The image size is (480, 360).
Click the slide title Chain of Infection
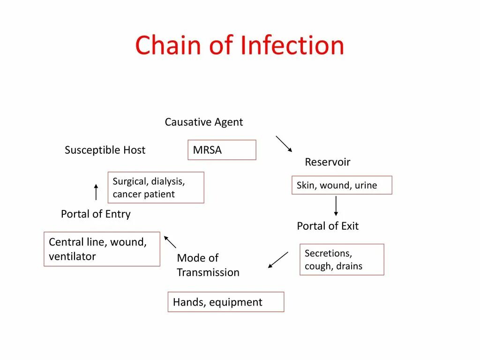coord(240,45)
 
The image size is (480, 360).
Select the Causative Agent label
coord(203,122)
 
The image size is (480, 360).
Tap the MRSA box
coord(222,150)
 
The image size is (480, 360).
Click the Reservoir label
coord(327,162)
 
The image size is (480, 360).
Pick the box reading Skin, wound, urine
coord(342,185)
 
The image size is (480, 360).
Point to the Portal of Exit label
coord(327,226)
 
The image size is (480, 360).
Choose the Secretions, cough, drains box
coord(342,260)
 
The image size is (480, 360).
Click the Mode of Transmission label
coord(208,265)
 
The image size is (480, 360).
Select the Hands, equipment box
coord(226,302)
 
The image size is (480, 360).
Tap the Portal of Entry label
coord(96,214)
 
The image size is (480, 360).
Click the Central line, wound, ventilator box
coord(102,249)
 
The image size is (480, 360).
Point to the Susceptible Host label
coord(105,150)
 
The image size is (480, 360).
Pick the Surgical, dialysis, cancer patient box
coord(156,187)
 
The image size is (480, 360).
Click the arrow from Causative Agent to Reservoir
coord(284,144)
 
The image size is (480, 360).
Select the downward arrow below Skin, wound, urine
coord(336,206)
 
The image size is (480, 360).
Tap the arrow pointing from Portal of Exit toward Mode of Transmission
coord(278,260)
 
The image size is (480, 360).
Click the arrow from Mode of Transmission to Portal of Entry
coord(170,242)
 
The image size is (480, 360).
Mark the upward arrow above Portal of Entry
coord(96,192)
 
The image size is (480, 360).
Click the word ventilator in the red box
coord(72,257)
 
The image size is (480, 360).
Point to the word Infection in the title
coord(292,45)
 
